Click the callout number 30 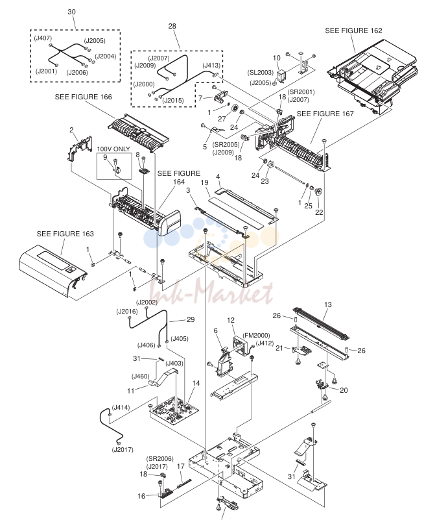[x=71, y=12]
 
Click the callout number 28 [x=172, y=26]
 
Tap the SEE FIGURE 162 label [x=353, y=31]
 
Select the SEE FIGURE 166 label [x=84, y=97]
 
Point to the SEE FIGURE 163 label [x=65, y=234]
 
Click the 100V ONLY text [x=113, y=149]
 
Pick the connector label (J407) [x=43, y=38]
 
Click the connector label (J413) [x=211, y=66]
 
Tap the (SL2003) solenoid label [x=261, y=72]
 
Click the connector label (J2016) [x=127, y=312]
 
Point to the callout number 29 [x=191, y=319]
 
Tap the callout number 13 [x=328, y=304]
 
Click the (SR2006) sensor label [x=160, y=459]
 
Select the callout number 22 [x=319, y=212]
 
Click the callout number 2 [x=71, y=130]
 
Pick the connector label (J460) [x=141, y=377]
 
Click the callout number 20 [x=344, y=390]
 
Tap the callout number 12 [x=231, y=320]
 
